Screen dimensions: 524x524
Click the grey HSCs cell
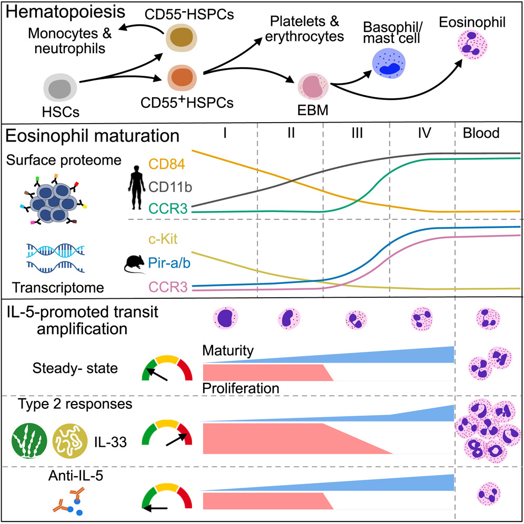[x=60, y=88]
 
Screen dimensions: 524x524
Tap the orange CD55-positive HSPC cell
[x=182, y=78]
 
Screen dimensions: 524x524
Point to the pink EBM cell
[x=313, y=87]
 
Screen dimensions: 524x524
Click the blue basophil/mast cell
[x=389, y=64]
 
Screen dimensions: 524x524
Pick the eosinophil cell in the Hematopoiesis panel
[x=472, y=45]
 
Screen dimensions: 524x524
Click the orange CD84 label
[x=166, y=164]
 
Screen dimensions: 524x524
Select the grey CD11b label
[x=170, y=187]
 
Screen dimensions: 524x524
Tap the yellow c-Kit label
[x=163, y=239]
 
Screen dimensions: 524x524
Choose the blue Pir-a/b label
[x=169, y=263]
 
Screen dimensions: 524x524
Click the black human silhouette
[x=136, y=187]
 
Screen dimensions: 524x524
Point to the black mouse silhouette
[x=135, y=264]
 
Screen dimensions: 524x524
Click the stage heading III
[x=357, y=133]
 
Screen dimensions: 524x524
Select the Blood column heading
[x=481, y=133]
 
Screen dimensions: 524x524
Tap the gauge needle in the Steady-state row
[x=157, y=374]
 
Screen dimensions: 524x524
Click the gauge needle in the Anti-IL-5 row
[x=155, y=508]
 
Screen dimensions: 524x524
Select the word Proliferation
[x=240, y=388]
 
